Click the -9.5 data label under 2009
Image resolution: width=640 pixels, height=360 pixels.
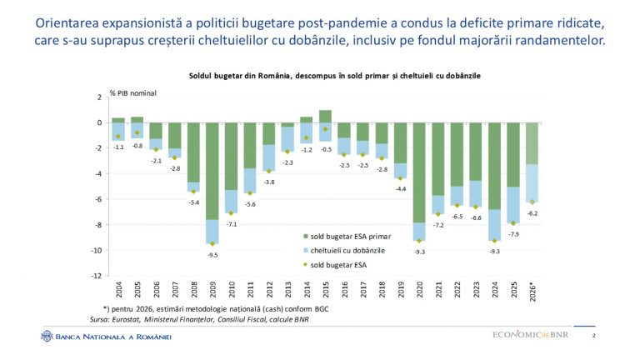tap(212, 255)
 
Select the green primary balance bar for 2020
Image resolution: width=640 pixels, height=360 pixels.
tap(419, 172)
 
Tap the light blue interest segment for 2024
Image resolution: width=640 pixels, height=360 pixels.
tap(495, 225)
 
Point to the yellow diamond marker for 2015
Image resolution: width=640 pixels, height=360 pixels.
tap(325, 129)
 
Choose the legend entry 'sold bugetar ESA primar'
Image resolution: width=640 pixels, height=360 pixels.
tap(347, 237)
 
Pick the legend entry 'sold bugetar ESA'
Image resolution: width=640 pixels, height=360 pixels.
tap(335, 265)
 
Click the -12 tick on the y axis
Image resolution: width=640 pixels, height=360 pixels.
tap(97, 276)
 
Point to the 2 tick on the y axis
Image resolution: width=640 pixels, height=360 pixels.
tap(99, 97)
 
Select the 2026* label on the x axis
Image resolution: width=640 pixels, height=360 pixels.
tap(532, 292)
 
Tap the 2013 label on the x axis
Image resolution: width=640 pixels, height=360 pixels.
tap(288, 289)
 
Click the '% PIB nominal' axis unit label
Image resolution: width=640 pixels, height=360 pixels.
tap(133, 93)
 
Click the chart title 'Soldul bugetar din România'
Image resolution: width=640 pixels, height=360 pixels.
tap(240, 76)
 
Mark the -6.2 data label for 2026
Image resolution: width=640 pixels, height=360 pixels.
tap(532, 213)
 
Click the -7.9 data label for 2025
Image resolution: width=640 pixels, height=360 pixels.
tap(514, 234)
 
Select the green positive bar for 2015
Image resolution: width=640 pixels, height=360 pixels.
tap(325, 117)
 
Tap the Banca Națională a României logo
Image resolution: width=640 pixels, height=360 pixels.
tap(106, 337)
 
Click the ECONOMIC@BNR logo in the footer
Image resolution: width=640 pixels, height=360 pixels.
tap(530, 335)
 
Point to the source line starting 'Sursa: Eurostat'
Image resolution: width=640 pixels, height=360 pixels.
tap(199, 319)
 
